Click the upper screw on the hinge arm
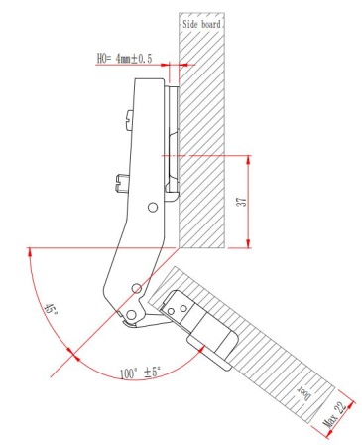pyautogui.click(x=126, y=117)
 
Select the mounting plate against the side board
pyautogui.click(x=173, y=139)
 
